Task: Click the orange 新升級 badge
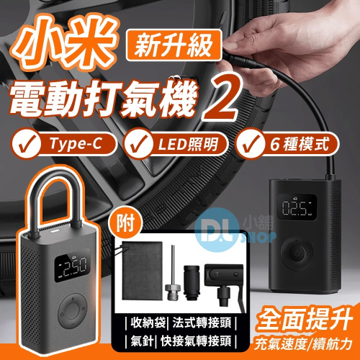point(174,45)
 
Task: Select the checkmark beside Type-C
point(25,144)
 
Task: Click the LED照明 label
point(188,144)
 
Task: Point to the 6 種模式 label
point(300,144)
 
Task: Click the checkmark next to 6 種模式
point(248,144)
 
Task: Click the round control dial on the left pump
point(72,312)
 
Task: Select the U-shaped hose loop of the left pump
point(57,182)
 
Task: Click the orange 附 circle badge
point(125,224)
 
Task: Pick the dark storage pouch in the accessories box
point(143,271)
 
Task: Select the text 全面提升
point(305,320)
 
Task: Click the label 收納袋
point(148,323)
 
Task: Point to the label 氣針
point(142,341)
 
